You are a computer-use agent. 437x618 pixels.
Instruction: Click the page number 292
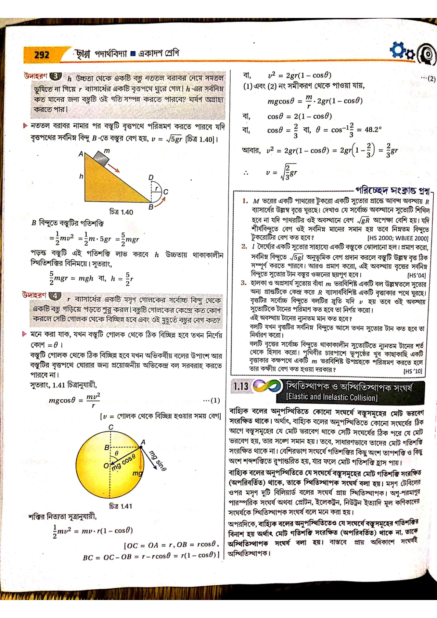41,55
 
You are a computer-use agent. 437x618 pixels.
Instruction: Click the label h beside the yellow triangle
81,177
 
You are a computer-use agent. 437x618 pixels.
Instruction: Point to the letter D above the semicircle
151,178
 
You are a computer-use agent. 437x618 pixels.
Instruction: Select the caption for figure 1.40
121,212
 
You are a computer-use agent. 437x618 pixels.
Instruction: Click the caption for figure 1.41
120,506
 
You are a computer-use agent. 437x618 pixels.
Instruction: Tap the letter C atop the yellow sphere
111,427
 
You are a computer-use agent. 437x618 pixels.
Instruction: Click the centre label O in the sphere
106,465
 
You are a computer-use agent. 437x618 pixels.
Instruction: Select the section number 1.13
241,386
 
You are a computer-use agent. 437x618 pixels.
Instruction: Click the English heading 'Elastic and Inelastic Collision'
332,397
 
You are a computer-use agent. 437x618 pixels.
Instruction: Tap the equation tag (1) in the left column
211,400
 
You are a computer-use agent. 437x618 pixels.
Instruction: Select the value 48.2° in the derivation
373,130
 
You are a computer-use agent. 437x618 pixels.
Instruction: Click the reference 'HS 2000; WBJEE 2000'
398,238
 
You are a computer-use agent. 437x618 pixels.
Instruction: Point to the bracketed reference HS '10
412,371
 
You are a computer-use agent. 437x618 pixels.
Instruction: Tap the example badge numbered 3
55,76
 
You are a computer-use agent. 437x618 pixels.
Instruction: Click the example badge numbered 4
55,295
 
